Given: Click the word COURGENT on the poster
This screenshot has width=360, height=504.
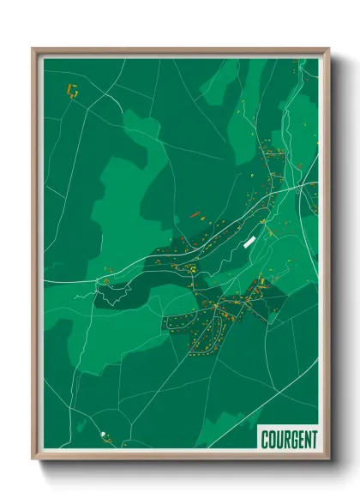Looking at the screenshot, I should [x=289, y=437].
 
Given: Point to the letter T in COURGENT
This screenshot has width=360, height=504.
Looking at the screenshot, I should [x=313, y=437].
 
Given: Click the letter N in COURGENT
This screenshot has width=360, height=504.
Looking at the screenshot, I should [x=306, y=437].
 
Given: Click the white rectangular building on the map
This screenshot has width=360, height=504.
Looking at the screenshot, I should [x=249, y=242].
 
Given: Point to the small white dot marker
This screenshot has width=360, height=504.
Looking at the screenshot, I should [x=103, y=435].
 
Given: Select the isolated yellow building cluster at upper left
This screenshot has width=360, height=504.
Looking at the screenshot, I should [x=72, y=88].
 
